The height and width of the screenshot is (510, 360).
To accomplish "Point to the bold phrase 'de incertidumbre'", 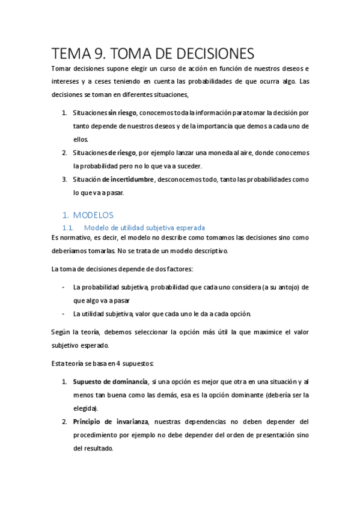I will [129, 179].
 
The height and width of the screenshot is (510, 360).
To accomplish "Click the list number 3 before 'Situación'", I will [64, 179].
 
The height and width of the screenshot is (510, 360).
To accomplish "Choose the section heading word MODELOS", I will [93, 215].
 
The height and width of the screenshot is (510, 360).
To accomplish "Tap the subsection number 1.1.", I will [68, 228].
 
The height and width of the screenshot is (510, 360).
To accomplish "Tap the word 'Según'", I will [61, 331].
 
